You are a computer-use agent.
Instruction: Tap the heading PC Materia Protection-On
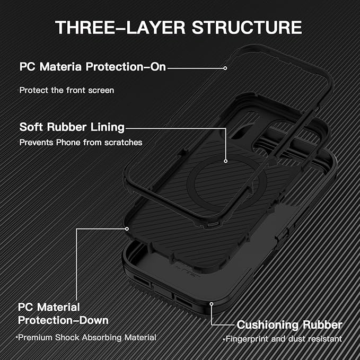point(93,67)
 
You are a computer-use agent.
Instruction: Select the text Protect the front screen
point(67,90)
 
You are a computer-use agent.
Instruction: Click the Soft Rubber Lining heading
point(72,127)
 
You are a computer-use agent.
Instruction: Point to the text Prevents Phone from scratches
point(81,142)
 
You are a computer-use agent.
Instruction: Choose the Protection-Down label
point(64,320)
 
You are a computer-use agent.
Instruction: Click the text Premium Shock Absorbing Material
point(86,337)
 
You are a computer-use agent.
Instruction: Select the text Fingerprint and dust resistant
point(283,339)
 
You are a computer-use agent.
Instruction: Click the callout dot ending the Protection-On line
point(225,68)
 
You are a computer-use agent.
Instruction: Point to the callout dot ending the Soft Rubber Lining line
point(226,161)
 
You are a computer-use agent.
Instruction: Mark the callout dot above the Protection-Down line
point(127,229)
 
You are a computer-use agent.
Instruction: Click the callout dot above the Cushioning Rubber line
point(212,304)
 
